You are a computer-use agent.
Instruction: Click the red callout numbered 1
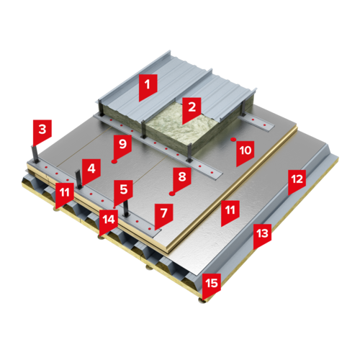[x=148, y=86]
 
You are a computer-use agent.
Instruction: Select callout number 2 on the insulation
[x=192, y=109]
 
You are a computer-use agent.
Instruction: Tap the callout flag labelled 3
[x=42, y=132]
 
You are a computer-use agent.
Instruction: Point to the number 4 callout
[x=91, y=171]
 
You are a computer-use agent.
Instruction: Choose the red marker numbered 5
[x=123, y=192]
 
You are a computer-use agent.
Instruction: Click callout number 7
[x=163, y=215]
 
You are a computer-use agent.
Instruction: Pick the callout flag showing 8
[x=182, y=179]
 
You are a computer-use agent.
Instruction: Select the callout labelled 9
[x=122, y=146]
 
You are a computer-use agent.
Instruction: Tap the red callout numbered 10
[x=245, y=153]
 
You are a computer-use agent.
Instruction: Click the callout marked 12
[x=297, y=181]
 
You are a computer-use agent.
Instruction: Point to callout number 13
[x=262, y=235]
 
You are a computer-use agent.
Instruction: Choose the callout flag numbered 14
[x=109, y=222]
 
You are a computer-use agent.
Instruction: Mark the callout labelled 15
[x=212, y=286]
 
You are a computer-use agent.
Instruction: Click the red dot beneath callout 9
[x=114, y=161]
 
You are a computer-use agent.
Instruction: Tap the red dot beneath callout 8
[x=171, y=194]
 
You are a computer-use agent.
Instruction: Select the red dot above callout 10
[x=233, y=139]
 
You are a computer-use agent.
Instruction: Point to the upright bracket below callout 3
[x=35, y=154]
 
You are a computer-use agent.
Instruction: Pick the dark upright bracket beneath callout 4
[x=78, y=179]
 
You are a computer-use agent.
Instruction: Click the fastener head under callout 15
[x=203, y=301]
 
